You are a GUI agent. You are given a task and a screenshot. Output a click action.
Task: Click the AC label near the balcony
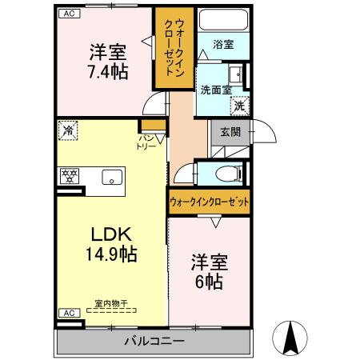click(69, 313)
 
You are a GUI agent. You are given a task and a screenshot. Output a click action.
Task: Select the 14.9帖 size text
click(111, 254)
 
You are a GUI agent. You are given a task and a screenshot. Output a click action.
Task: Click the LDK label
click(110, 234)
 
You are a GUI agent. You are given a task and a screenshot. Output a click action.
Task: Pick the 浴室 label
click(223, 45)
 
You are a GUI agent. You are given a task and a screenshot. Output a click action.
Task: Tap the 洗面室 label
click(215, 90)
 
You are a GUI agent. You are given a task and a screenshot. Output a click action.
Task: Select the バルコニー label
click(154, 341)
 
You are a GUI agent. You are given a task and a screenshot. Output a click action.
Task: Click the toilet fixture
click(225, 173)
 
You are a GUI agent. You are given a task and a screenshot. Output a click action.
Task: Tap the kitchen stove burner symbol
click(70, 176)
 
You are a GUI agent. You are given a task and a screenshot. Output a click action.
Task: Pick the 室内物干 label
click(111, 302)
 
